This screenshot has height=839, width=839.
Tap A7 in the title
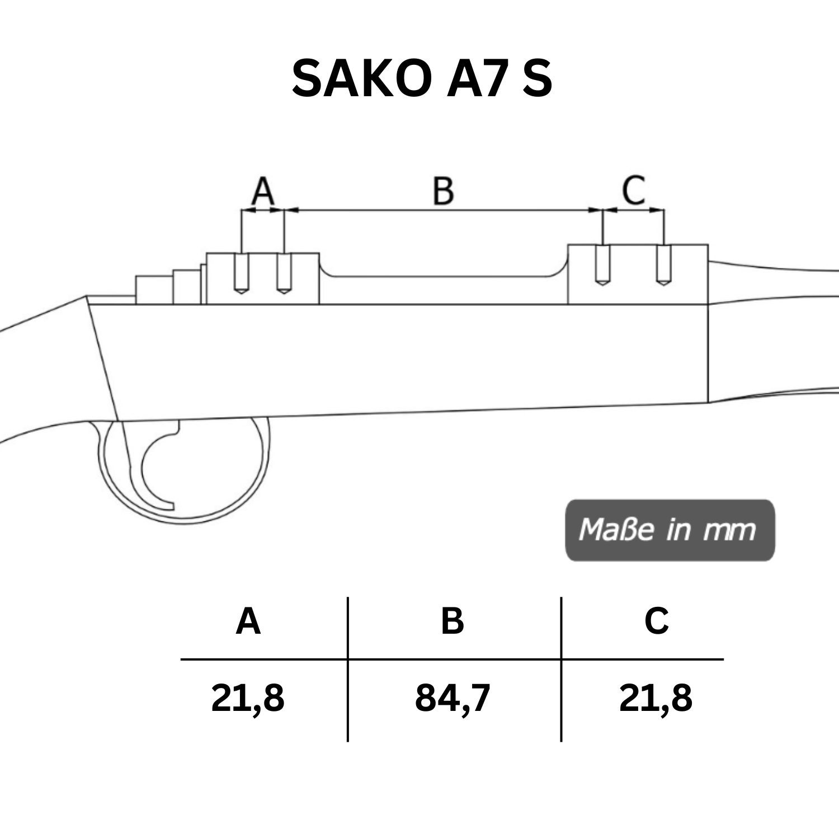(x=478, y=78)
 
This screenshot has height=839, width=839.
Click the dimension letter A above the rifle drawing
(x=262, y=191)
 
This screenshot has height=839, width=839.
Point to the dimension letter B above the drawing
(x=443, y=191)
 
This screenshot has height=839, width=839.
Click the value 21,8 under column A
(x=248, y=698)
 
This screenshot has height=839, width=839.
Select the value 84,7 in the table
(x=453, y=698)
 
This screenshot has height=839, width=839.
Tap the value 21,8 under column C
(x=656, y=698)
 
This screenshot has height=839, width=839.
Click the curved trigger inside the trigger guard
(x=154, y=470)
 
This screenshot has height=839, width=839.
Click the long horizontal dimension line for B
(x=443, y=210)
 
